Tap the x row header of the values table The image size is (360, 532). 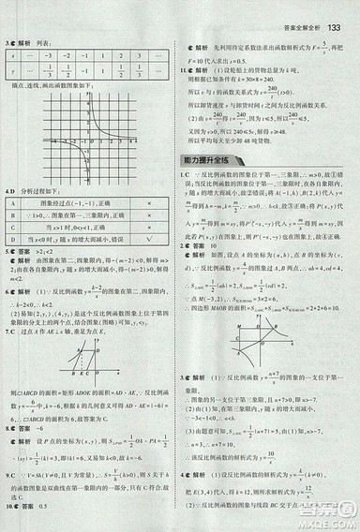[12, 54]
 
